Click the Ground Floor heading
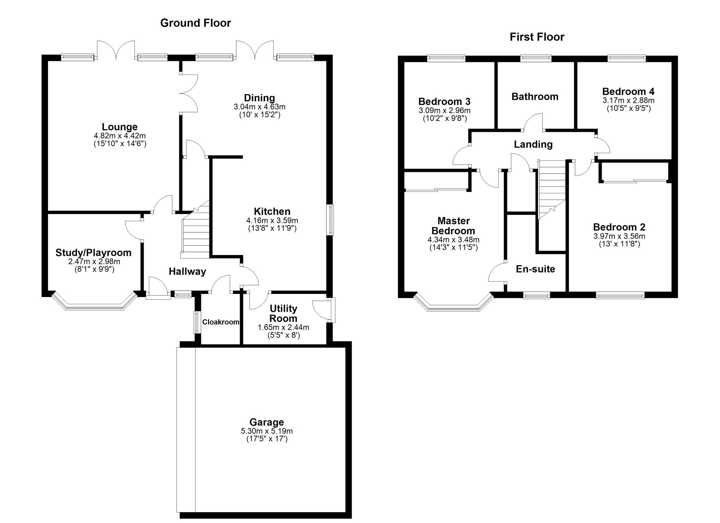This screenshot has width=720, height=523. [x=195, y=23]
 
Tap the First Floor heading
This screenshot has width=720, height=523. [x=537, y=37]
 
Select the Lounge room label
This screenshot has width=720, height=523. [x=120, y=127]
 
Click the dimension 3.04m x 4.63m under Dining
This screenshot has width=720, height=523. [x=259, y=107]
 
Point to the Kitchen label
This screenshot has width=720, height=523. [x=272, y=211]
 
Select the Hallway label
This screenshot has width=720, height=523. [x=187, y=272]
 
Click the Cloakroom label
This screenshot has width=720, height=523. [x=220, y=322]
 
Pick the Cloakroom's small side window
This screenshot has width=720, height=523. [x=197, y=322]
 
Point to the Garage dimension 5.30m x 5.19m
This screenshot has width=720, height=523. [x=267, y=431]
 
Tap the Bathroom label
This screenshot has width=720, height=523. [x=535, y=97]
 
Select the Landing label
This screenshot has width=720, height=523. [x=533, y=144]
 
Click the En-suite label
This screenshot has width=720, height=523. [x=535, y=269]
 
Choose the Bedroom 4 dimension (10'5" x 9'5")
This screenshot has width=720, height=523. [x=628, y=108]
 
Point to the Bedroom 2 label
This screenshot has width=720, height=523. [x=619, y=227]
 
